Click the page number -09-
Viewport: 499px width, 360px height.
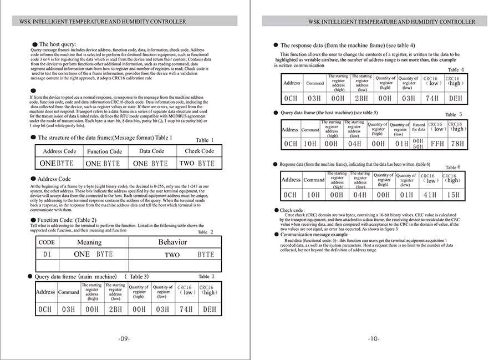(x=124, y=338)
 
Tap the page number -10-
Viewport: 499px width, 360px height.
(x=373, y=338)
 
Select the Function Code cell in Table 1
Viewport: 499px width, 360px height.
(x=104, y=151)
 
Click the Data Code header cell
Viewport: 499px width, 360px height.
(x=151, y=151)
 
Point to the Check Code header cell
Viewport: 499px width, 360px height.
(x=199, y=151)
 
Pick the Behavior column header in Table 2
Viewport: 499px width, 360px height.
(x=172, y=242)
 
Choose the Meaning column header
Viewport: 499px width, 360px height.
(x=89, y=242)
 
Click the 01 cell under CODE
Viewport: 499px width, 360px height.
(x=47, y=254)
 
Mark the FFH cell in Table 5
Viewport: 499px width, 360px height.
(x=437, y=144)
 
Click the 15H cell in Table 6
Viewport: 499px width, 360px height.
(x=454, y=195)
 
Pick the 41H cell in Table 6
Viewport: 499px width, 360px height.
(x=430, y=195)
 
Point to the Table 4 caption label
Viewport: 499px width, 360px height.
(x=456, y=70)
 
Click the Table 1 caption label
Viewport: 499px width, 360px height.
(x=205, y=140)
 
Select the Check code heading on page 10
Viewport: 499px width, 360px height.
(x=292, y=210)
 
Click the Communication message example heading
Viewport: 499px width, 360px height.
(x=314, y=235)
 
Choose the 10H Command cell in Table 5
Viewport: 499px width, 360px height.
(x=310, y=144)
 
